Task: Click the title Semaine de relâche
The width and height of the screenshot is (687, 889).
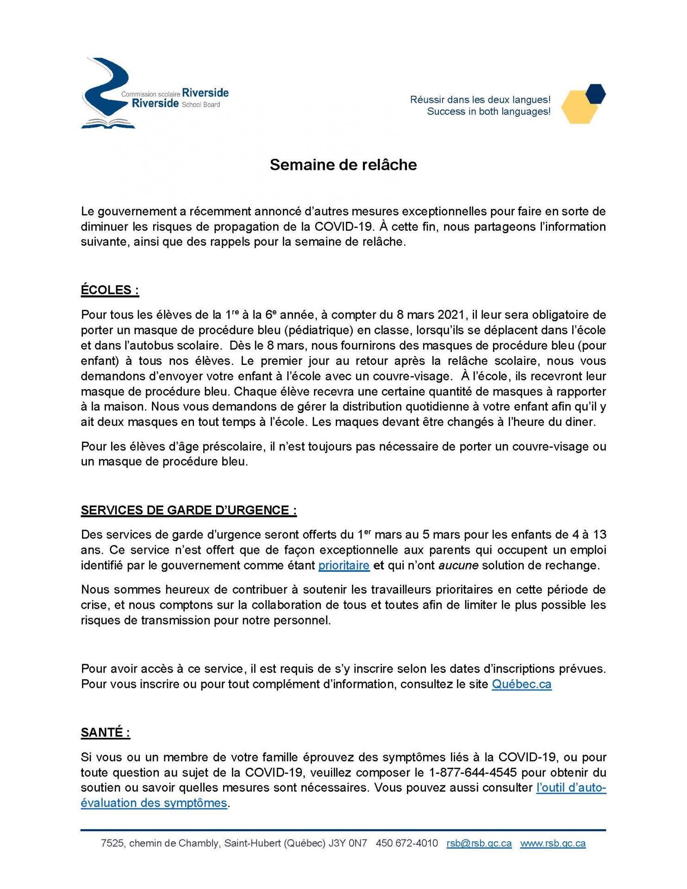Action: coord(343,165)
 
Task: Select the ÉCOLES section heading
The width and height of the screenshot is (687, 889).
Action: coord(110,290)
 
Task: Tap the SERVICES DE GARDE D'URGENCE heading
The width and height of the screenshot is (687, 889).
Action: coord(188,510)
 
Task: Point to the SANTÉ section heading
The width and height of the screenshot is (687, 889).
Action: coord(105,732)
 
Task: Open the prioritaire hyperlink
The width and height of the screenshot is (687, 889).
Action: coord(344,565)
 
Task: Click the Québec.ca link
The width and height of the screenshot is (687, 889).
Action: coord(521,684)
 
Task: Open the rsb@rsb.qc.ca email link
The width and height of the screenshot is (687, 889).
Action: coord(479,843)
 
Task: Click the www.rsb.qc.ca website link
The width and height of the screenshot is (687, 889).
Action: coord(553,843)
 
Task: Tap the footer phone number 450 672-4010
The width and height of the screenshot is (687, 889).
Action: coord(406,843)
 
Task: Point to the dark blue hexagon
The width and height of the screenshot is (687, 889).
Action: coord(595,94)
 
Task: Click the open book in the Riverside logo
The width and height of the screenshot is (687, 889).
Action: coord(108,124)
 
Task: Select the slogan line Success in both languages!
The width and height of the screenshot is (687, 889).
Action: coord(488,112)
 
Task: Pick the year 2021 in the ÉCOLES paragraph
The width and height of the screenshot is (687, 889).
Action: coord(451,315)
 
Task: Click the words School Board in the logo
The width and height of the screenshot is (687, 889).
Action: coord(201,105)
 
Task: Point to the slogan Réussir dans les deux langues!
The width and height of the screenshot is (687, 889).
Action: coord(480,100)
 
